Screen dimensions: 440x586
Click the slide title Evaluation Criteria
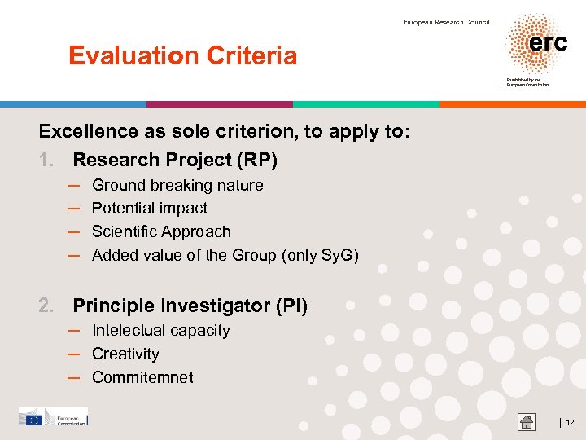(182, 56)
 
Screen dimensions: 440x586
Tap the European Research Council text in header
(446, 22)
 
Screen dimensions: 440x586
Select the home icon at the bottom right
(527, 421)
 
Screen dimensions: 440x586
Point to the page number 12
(570, 422)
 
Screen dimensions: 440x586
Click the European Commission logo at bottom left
(53, 418)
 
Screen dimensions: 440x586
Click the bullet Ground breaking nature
(177, 185)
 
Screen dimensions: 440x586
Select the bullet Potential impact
(149, 209)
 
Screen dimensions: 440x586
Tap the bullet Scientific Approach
(161, 232)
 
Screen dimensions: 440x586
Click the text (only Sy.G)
(320, 256)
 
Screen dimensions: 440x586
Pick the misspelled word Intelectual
(129, 331)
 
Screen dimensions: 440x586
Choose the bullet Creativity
(125, 354)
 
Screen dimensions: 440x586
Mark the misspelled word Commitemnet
(142, 378)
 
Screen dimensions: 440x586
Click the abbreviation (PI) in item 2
(291, 306)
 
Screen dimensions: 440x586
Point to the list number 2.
(47, 306)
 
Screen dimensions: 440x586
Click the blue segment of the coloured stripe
(73, 104)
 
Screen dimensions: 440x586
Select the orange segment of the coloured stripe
(513, 104)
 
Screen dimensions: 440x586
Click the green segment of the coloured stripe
(366, 104)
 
